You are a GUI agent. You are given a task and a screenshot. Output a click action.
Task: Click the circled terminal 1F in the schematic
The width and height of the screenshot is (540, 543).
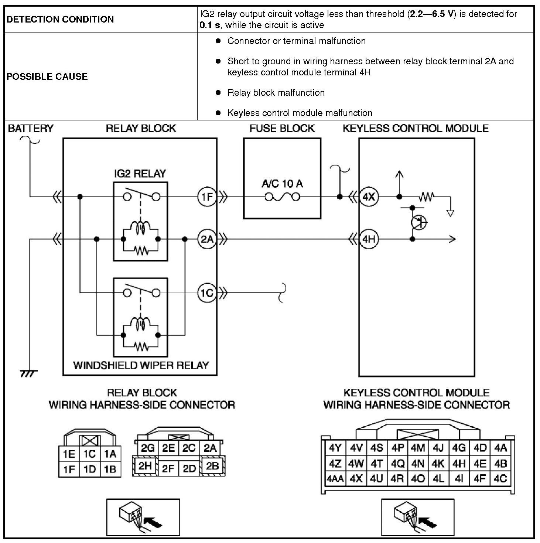coord(207,197)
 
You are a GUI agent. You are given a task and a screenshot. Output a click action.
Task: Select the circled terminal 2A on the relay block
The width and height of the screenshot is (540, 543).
coord(207,239)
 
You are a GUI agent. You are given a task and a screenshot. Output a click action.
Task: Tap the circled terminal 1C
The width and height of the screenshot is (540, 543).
coord(207,293)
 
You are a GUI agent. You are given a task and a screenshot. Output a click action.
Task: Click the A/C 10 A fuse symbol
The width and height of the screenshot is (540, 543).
coord(282,197)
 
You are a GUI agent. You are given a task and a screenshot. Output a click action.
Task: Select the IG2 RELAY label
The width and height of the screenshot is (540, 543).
coord(140,173)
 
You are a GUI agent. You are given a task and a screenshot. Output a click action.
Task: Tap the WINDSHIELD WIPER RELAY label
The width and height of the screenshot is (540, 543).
coord(141,365)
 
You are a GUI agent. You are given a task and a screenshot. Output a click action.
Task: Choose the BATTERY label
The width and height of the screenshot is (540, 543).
coord(31,129)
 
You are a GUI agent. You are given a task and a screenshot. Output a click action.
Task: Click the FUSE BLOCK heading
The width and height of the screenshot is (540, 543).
coord(282,129)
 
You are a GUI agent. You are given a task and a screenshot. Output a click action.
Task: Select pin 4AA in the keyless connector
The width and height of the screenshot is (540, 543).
coord(335,479)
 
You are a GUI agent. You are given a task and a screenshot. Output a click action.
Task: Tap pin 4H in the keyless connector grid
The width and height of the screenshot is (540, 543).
coord(459,463)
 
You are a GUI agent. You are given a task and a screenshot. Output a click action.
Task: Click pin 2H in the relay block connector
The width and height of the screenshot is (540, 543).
coord(145,466)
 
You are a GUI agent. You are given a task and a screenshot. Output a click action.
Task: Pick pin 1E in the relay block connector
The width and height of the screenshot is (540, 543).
coord(69,454)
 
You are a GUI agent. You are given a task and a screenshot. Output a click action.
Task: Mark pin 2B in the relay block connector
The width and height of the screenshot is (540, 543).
coord(212,466)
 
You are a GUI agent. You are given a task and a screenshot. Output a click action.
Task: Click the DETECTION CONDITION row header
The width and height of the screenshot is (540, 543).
coord(60,19)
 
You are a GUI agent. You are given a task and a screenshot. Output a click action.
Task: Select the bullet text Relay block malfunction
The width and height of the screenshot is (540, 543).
coord(276,92)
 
